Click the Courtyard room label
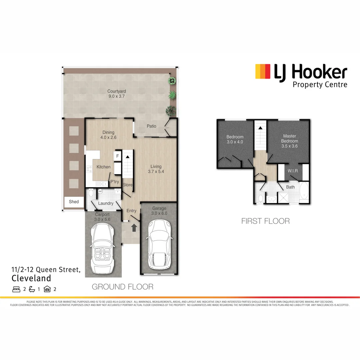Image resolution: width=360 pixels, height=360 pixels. tap(116, 94)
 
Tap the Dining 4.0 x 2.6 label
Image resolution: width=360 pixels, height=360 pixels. tap(108, 135)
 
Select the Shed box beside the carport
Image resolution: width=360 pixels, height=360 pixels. tap(74, 202)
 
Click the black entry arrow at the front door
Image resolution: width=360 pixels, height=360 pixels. tap(134, 228)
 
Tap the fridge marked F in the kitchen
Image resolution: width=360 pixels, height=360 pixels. tap(117, 156)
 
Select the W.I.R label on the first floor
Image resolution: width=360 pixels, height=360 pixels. tap(293, 171)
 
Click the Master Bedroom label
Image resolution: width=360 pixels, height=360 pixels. tap(290, 138)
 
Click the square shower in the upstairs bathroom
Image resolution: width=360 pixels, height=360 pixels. tap(284, 198)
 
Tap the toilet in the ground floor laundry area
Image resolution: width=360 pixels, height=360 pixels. tap(91, 194)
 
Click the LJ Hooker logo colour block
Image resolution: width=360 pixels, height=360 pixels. tap(263, 72)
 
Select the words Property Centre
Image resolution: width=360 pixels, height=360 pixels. tap(320, 84)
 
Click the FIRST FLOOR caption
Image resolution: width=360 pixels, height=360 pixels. tap(265, 221)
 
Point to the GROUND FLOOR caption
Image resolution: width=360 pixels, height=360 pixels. tap(122, 287)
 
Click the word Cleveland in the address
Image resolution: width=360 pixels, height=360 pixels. tap(31, 278)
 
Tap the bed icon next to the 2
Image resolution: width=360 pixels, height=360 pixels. tap(16, 289)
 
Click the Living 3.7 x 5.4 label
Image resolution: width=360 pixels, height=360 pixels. tap(156, 169)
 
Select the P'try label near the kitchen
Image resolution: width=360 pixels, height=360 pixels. tap(115, 182)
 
